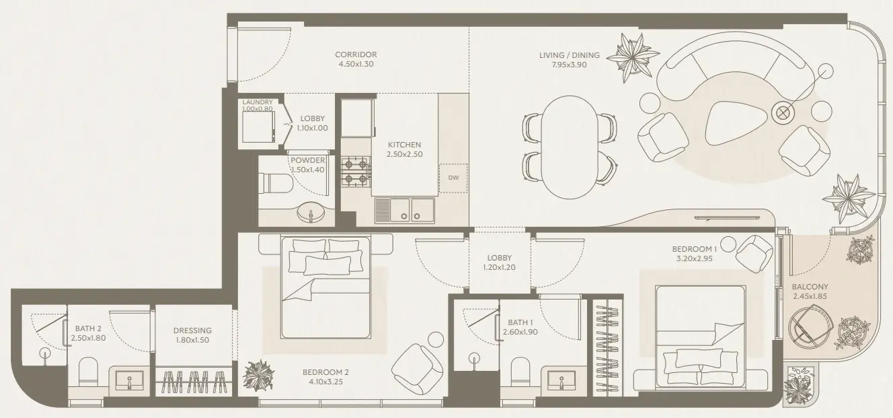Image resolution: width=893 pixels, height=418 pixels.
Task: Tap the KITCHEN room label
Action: (404, 145)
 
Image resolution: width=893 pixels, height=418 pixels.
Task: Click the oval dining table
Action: (569, 147)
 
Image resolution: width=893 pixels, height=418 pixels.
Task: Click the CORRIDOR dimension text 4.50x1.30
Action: (356, 65)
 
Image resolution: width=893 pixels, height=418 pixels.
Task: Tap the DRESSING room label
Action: (192, 330)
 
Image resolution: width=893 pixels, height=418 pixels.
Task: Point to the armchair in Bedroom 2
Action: (417, 368)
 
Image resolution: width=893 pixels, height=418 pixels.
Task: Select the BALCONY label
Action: (810, 286)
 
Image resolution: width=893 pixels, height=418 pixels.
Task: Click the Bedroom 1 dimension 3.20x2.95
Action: (695, 258)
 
